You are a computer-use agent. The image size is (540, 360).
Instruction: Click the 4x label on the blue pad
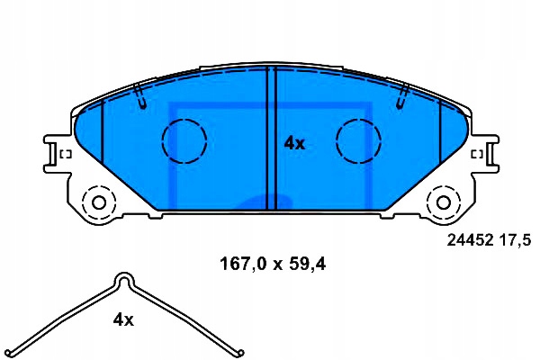(x=295, y=143)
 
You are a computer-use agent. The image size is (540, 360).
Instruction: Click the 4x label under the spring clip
(x=123, y=319)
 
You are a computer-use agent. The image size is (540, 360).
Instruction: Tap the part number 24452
(x=468, y=240)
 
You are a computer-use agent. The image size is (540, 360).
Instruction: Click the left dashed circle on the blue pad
(x=184, y=140)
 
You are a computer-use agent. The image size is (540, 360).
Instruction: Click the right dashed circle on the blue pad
(x=358, y=140)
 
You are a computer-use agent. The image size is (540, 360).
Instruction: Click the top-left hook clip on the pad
(x=139, y=95)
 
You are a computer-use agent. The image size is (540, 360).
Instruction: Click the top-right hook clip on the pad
(x=401, y=95)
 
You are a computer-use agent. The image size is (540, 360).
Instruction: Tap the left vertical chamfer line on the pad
(x=103, y=135)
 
